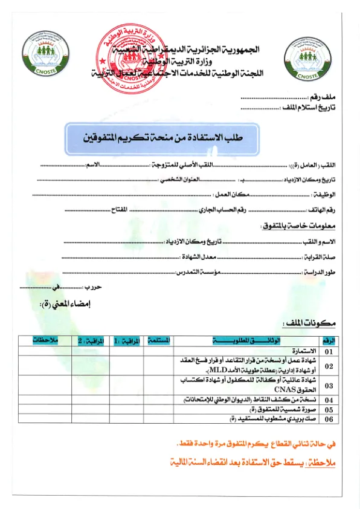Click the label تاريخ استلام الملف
point(309,108)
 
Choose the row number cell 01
point(329,351)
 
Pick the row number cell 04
point(329,400)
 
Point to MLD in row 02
point(213,370)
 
